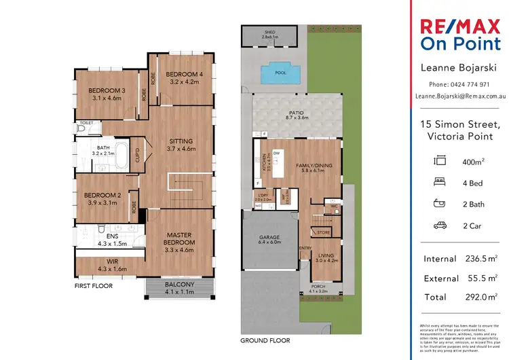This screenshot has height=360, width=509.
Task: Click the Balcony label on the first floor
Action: tap(179, 285)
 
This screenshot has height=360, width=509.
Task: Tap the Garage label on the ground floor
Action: tap(269, 238)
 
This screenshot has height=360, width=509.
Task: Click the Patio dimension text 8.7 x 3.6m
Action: tap(293, 118)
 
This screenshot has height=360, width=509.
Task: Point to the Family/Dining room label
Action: tap(313, 166)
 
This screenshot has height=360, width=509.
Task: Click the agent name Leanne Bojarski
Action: tap(459, 68)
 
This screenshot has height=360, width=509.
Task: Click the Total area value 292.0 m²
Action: tap(480, 297)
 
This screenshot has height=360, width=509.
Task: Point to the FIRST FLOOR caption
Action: tap(94, 286)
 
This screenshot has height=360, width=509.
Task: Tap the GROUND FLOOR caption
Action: tap(265, 340)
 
